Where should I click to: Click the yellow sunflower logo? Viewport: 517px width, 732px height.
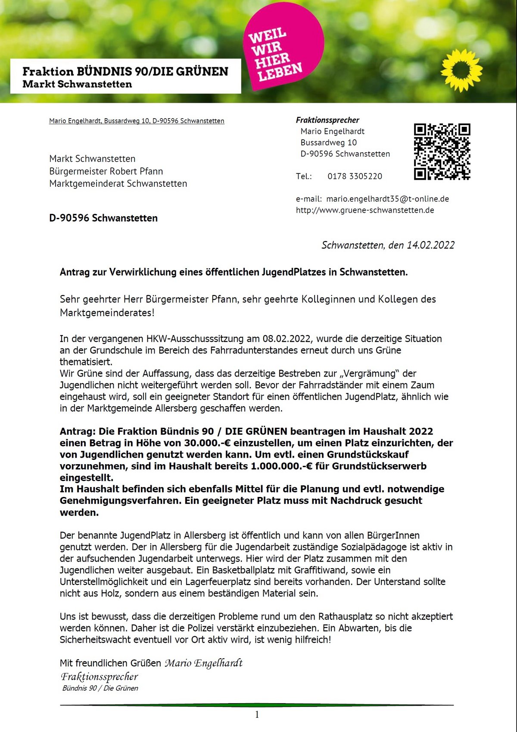461,70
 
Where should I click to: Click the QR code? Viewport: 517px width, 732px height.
442,151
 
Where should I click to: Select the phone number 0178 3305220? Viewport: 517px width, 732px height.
355,176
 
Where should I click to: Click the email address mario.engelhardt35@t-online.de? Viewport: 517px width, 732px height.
387,199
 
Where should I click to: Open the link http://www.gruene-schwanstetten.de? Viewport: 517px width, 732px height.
365,210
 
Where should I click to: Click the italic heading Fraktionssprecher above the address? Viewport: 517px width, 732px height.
327,120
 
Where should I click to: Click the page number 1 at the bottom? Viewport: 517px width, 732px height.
257,715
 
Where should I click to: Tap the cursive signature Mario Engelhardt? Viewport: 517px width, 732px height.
204,663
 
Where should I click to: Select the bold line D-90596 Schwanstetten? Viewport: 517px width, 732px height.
103,218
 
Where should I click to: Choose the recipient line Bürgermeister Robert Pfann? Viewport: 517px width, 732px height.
106,171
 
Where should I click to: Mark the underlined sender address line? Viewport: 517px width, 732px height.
137,121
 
